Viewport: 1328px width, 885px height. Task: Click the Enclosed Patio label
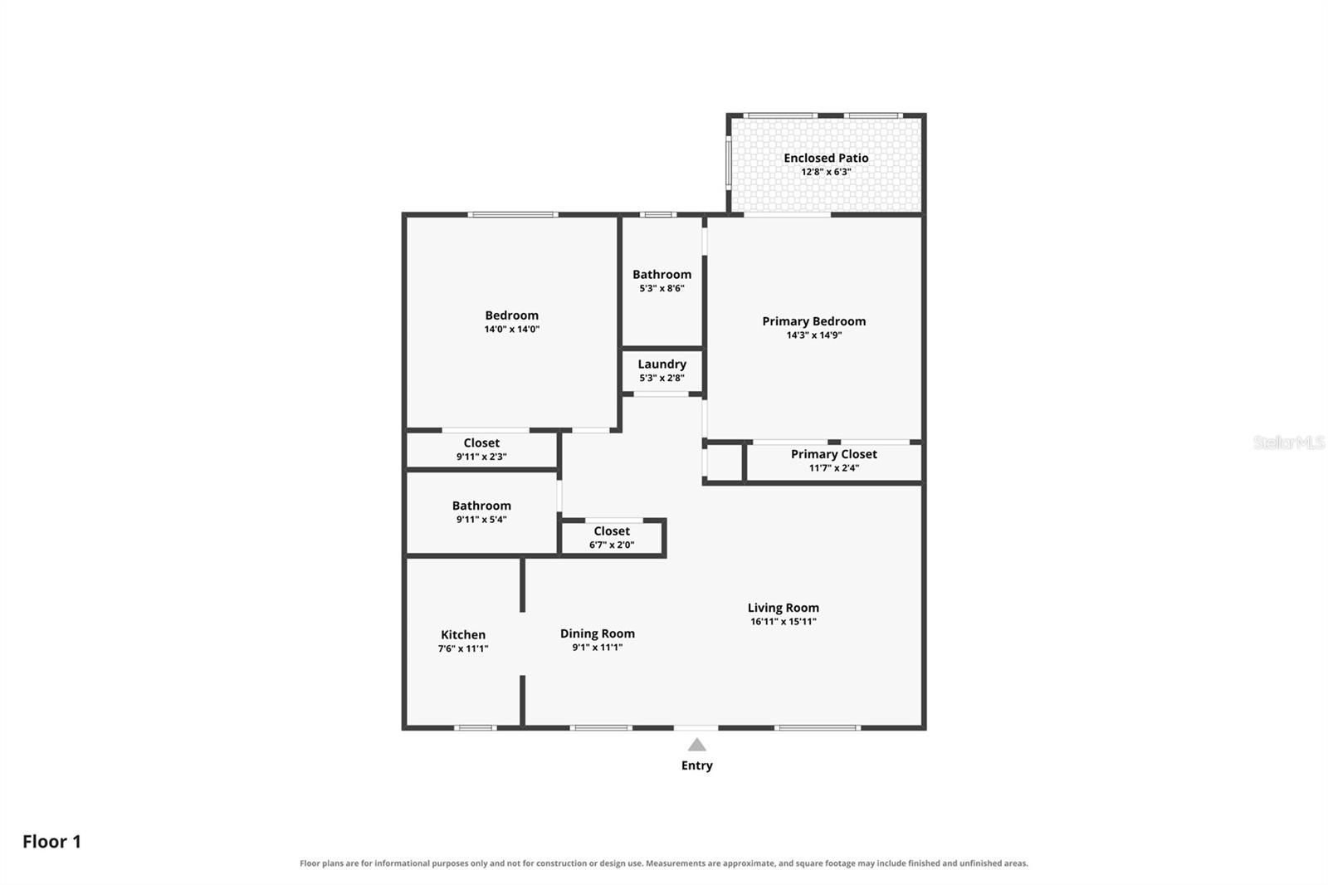(x=826, y=158)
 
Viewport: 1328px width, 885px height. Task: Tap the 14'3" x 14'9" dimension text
(x=814, y=335)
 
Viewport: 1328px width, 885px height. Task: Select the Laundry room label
(x=662, y=364)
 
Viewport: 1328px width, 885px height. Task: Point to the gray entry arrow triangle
(x=696, y=745)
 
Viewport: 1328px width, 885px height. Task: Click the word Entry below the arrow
(x=696, y=765)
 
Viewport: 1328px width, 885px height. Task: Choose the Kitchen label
(x=463, y=634)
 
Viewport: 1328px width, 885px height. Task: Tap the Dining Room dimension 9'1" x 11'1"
(x=597, y=647)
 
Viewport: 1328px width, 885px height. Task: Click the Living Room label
(x=784, y=608)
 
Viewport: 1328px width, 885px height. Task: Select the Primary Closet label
(x=833, y=454)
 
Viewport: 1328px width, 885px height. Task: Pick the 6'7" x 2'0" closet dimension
(x=612, y=545)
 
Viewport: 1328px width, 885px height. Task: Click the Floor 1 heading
(x=51, y=841)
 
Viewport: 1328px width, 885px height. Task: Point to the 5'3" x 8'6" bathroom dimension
(x=662, y=288)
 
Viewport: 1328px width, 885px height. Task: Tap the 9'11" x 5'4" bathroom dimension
(x=481, y=520)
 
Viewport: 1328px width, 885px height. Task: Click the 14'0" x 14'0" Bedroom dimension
(x=511, y=330)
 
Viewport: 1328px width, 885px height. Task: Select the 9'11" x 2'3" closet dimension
(x=481, y=457)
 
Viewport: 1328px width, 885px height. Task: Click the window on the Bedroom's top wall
(x=513, y=214)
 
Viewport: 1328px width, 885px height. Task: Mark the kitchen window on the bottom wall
(x=476, y=727)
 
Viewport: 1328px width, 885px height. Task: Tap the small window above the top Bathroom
(x=657, y=214)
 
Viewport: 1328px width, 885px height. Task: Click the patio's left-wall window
(x=729, y=164)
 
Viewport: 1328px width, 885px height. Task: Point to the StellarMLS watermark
(x=1288, y=442)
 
